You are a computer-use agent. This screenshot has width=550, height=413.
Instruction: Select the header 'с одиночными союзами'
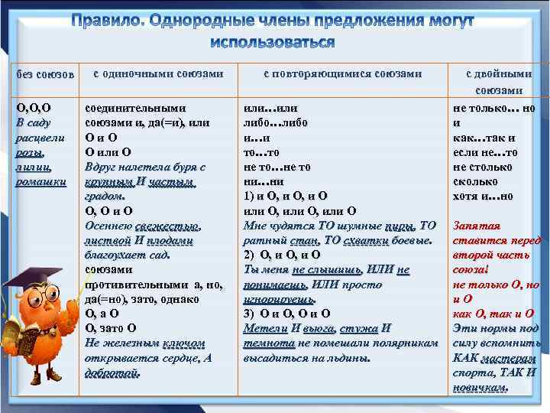(x=158, y=74)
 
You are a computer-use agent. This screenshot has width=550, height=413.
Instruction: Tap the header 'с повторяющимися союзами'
(x=342, y=74)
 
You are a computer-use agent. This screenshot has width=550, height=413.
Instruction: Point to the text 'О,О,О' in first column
(x=33, y=109)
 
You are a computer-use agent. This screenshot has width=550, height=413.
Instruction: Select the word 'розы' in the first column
(x=29, y=152)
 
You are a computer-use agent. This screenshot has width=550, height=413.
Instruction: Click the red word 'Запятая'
(x=477, y=226)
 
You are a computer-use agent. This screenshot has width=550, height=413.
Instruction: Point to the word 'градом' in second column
(x=103, y=196)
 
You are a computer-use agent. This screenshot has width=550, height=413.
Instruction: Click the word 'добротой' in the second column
(x=112, y=372)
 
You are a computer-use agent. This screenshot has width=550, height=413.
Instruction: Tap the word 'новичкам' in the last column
(x=480, y=387)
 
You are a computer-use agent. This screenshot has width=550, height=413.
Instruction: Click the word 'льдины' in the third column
(x=352, y=357)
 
